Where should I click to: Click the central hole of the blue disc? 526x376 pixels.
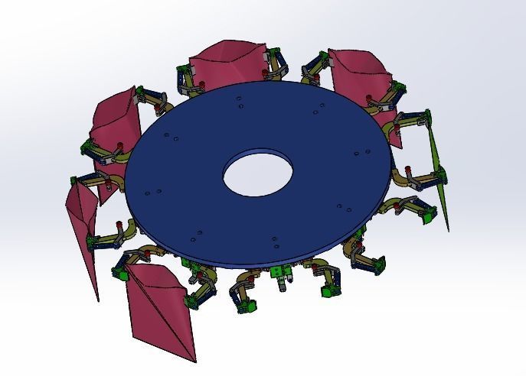(x=258, y=175)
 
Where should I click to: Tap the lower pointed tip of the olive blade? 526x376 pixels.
(x=448, y=228)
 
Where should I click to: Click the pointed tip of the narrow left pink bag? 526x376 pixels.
(x=98, y=299)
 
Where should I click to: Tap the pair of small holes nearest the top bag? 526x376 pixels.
(x=240, y=102)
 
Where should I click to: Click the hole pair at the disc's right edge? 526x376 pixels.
(x=356, y=154)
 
